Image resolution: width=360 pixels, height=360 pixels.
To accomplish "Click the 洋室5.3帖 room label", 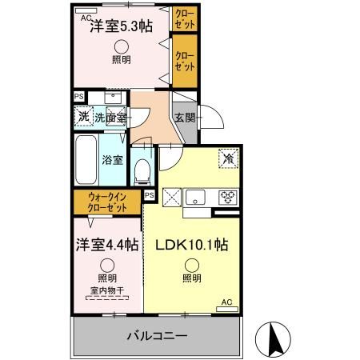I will pos(120,26).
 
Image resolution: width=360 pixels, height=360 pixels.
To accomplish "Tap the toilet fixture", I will pos(143,169).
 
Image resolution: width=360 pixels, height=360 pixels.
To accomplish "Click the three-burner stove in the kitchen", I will pos(227,197).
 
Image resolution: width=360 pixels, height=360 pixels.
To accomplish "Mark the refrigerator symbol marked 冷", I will pos(229,159).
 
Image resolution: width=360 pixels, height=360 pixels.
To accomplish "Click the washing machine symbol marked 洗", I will pos(84,117).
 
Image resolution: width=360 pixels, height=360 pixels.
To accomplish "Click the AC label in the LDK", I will pos(226,302).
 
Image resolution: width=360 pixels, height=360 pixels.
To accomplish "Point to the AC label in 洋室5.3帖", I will pos(86,15).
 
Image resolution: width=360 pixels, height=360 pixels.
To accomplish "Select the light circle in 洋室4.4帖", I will pos(106,264).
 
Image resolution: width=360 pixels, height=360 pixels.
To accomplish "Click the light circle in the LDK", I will pos(192,265).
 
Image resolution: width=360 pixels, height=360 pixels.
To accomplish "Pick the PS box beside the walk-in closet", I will pos(150,194).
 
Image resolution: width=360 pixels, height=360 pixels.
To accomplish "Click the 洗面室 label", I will pos(110,118).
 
